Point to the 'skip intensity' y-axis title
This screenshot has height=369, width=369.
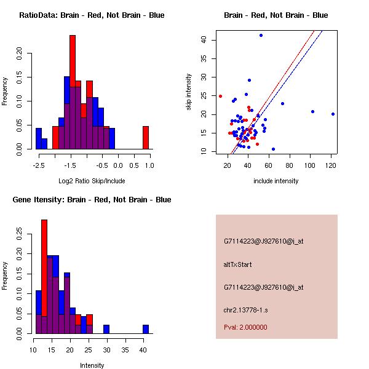click(x=189, y=92)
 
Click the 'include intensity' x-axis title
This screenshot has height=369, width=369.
click(x=276, y=181)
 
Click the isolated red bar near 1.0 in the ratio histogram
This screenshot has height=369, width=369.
click(x=146, y=137)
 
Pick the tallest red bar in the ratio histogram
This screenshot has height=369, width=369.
click(x=73, y=61)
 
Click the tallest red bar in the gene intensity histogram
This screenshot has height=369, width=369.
click(x=44, y=271)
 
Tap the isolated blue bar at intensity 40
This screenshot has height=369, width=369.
click(x=146, y=329)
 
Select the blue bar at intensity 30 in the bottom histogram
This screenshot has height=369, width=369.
click(x=106, y=329)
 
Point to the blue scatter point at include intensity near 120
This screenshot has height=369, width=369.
click(x=333, y=114)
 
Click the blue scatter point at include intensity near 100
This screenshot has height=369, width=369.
click(x=312, y=111)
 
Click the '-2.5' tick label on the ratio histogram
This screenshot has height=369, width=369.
click(x=38, y=165)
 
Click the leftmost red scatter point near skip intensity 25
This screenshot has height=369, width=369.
click(x=220, y=96)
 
